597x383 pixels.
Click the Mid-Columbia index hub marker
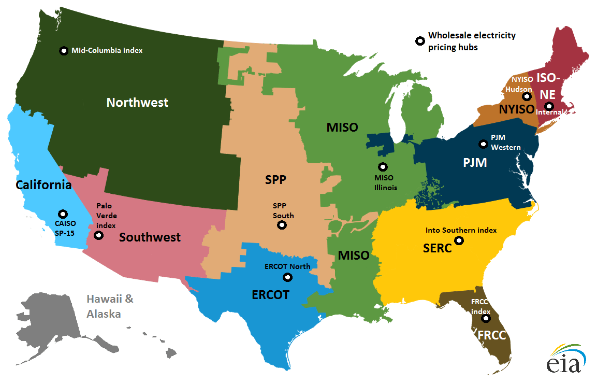pyautogui.click(x=64, y=51)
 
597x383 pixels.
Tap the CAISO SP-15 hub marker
pyautogui.click(x=63, y=214)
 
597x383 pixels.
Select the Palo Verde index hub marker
pyautogui.click(x=98, y=235)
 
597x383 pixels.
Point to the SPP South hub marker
pyautogui.click(x=282, y=225)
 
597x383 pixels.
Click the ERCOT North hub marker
pyautogui.click(x=287, y=277)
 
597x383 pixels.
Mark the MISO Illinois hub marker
pyautogui.click(x=383, y=167)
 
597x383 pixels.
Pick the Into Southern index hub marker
pyautogui.click(x=459, y=240)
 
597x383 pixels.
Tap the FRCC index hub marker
pyautogui.click(x=485, y=318)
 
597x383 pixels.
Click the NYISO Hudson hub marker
pyautogui.click(x=527, y=96)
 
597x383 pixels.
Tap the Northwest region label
pyautogui.click(x=137, y=103)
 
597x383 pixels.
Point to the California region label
pyautogui.click(x=43, y=185)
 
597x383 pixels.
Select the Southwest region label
pyautogui.click(x=150, y=237)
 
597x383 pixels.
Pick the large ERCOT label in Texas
pyautogui.click(x=270, y=295)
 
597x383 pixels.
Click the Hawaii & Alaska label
pyautogui.click(x=109, y=306)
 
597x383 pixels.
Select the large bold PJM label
pyautogui.click(x=475, y=163)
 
